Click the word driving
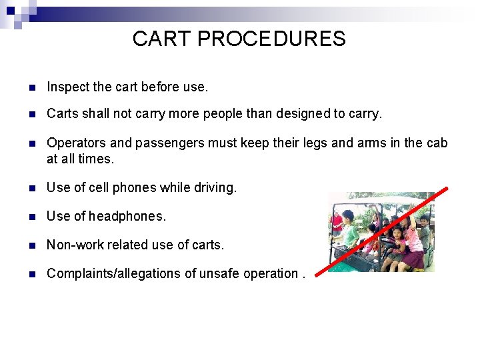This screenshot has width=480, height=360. [214, 188]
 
